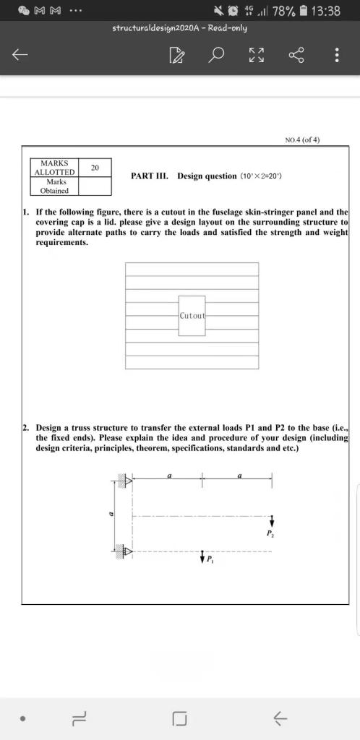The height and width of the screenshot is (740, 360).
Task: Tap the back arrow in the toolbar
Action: click(x=21, y=55)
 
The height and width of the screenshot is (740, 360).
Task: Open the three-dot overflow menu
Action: click(x=336, y=55)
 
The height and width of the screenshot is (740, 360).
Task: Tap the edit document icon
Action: click(x=176, y=55)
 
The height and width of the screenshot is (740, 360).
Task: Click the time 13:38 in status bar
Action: click(x=324, y=11)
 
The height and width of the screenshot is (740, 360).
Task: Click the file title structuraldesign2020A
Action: click(x=180, y=28)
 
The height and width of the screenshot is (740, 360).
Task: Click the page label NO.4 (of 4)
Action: click(x=303, y=140)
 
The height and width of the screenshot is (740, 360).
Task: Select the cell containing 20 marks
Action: click(x=95, y=168)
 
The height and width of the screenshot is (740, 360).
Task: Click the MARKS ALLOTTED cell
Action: click(x=54, y=168)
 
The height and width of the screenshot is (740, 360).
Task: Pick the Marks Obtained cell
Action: click(x=54, y=186)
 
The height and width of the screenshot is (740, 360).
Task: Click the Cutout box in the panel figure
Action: click(x=192, y=316)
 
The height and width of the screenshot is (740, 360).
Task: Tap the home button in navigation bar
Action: click(x=180, y=718)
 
